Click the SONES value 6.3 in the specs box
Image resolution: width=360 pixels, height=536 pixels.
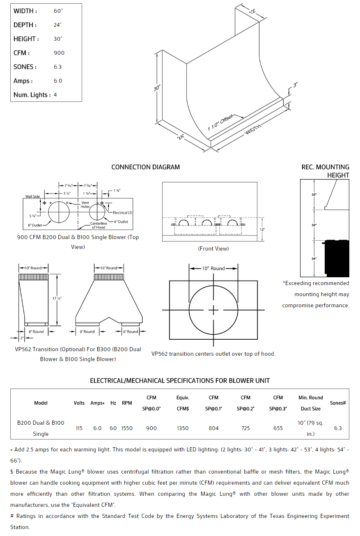coord(58,67)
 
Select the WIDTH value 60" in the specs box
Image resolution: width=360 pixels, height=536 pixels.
coord(58,11)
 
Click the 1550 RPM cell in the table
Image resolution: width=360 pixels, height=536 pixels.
coord(127,428)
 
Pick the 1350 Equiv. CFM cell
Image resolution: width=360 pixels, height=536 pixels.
coord(183,428)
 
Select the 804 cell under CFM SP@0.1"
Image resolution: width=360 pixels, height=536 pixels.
coord(214,428)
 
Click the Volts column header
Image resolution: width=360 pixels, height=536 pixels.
coord(79,403)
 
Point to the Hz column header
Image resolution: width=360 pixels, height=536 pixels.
coord(113,403)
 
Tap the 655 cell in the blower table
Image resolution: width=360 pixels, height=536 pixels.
coord(278,428)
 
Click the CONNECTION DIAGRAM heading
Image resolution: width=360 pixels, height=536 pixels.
coord(146,167)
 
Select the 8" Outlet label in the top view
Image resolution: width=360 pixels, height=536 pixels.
coord(35,225)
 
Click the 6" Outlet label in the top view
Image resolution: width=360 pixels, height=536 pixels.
coord(121,222)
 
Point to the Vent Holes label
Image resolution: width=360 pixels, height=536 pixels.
coord(85,205)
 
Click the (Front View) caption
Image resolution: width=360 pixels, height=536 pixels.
coord(213,248)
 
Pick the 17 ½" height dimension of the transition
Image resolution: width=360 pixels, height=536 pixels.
coord(60,299)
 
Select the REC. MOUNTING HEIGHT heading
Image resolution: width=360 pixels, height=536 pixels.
coord(326,171)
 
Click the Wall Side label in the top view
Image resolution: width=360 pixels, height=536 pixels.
coord(33,197)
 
